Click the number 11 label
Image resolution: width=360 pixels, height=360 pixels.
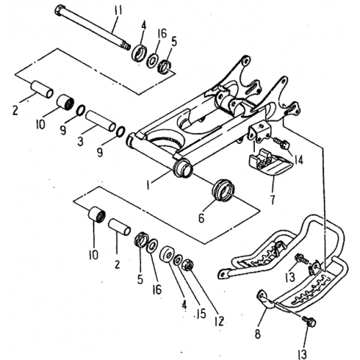pos(118,9)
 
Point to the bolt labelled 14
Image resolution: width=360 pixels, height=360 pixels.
pos(279,144)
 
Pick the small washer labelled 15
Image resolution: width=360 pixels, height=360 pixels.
pos(176,258)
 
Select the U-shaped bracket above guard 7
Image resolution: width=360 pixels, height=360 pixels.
pos(258,134)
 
